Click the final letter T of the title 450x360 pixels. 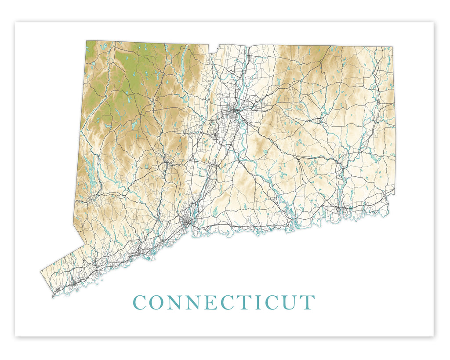(x=308, y=302)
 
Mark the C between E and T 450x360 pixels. (x=224, y=302)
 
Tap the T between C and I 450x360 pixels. (x=241, y=302)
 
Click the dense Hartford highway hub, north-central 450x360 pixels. (x=233, y=110)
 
